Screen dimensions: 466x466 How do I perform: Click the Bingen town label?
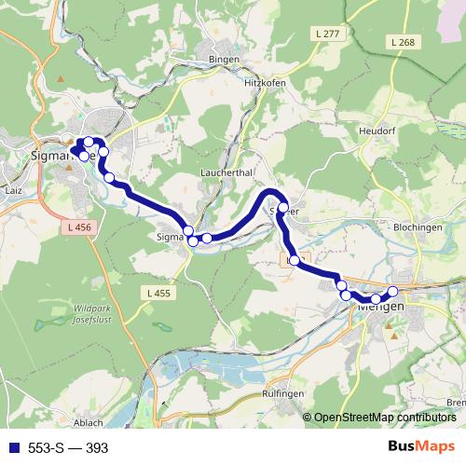(226, 60)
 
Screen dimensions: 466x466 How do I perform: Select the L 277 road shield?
(329, 34)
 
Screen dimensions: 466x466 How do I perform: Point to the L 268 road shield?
(403, 42)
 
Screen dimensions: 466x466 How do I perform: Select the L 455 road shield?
(159, 294)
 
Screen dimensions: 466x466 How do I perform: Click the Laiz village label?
(13, 189)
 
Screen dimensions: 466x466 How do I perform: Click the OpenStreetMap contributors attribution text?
(384, 418)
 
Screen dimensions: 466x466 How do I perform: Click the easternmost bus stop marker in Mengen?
(392, 291)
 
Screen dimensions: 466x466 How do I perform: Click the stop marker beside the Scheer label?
(283, 209)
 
